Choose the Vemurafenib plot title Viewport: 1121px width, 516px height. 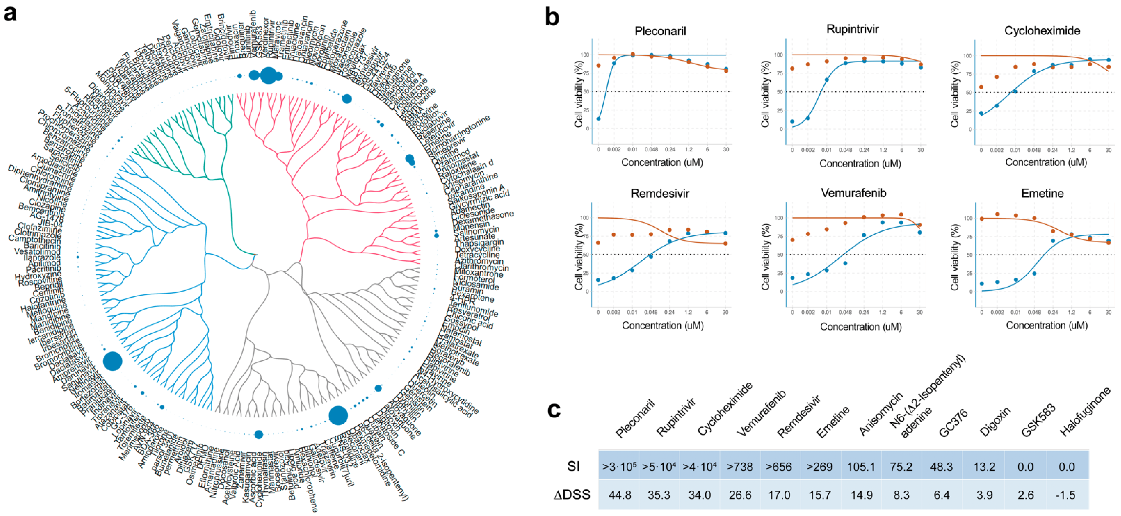click(x=853, y=193)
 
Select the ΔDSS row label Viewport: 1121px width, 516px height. click(x=572, y=495)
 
